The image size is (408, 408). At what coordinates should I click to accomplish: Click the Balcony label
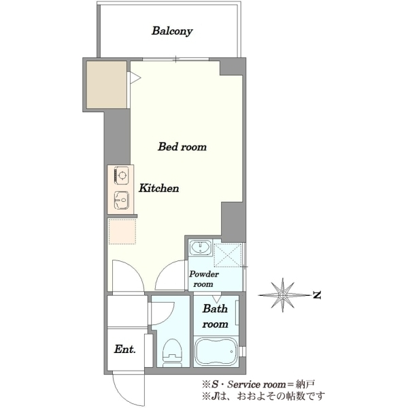[x=172, y=31]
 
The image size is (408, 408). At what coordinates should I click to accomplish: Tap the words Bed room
[x=182, y=147]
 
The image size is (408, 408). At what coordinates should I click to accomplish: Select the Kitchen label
[x=158, y=188]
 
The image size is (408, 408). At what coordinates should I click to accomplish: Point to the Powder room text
[x=204, y=279]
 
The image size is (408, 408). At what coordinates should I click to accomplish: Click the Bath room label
[x=215, y=316]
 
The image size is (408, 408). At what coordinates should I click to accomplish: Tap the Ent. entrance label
[x=124, y=349]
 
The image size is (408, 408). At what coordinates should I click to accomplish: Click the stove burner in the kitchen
[x=122, y=175]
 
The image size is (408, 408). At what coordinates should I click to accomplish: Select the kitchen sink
[x=122, y=200]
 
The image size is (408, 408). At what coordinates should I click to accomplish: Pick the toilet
[x=172, y=352]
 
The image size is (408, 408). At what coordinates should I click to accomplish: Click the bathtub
[x=216, y=352]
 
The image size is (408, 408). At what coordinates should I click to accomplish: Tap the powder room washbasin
[x=200, y=248]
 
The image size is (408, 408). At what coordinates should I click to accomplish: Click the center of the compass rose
[x=283, y=295]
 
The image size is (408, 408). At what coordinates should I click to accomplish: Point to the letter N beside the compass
[x=317, y=295]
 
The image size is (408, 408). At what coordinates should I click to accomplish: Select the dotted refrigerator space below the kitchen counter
[x=122, y=232]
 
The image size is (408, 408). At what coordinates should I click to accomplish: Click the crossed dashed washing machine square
[x=228, y=255]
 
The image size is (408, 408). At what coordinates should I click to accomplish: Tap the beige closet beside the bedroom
[x=107, y=84]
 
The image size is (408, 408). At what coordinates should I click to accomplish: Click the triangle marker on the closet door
[x=135, y=78]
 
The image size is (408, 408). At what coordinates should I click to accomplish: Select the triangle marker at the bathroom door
[x=216, y=299]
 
